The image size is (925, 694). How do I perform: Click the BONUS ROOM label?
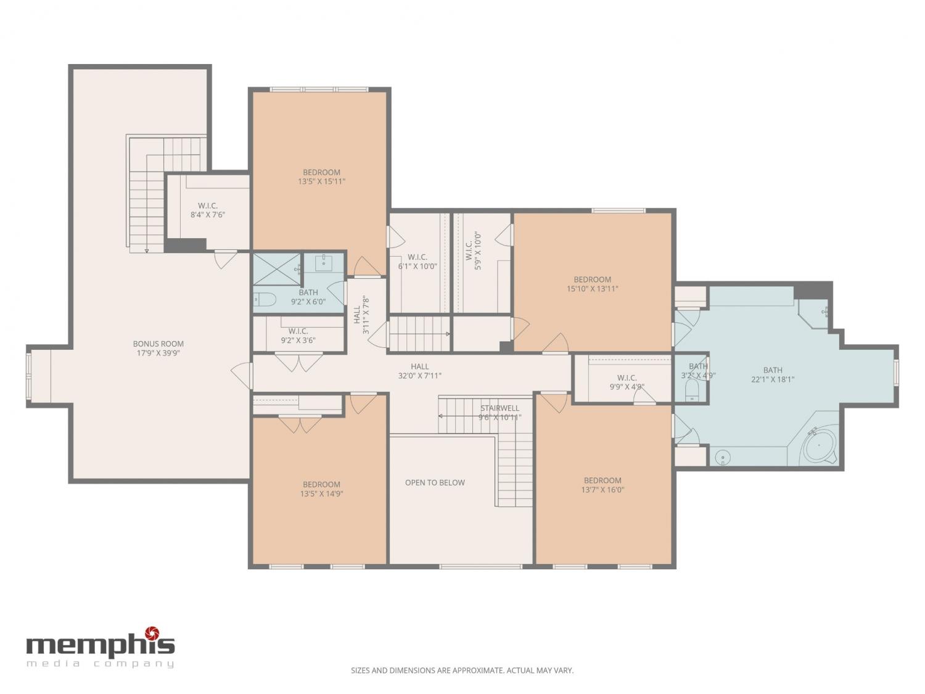(x=158, y=344)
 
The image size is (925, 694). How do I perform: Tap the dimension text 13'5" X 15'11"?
(x=321, y=181)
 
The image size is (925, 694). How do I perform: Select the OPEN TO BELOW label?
(x=435, y=483)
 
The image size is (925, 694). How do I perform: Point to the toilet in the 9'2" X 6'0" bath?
(x=265, y=300)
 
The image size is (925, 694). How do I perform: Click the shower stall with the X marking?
(x=276, y=269)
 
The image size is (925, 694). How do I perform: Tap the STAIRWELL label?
(x=499, y=408)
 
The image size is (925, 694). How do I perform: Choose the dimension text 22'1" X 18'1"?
(x=773, y=379)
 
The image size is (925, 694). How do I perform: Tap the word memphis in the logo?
(x=101, y=645)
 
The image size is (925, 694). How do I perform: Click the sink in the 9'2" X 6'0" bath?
(x=324, y=263)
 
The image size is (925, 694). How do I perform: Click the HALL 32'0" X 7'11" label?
(x=420, y=371)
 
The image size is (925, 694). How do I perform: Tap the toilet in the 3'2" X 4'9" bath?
(x=691, y=390)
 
